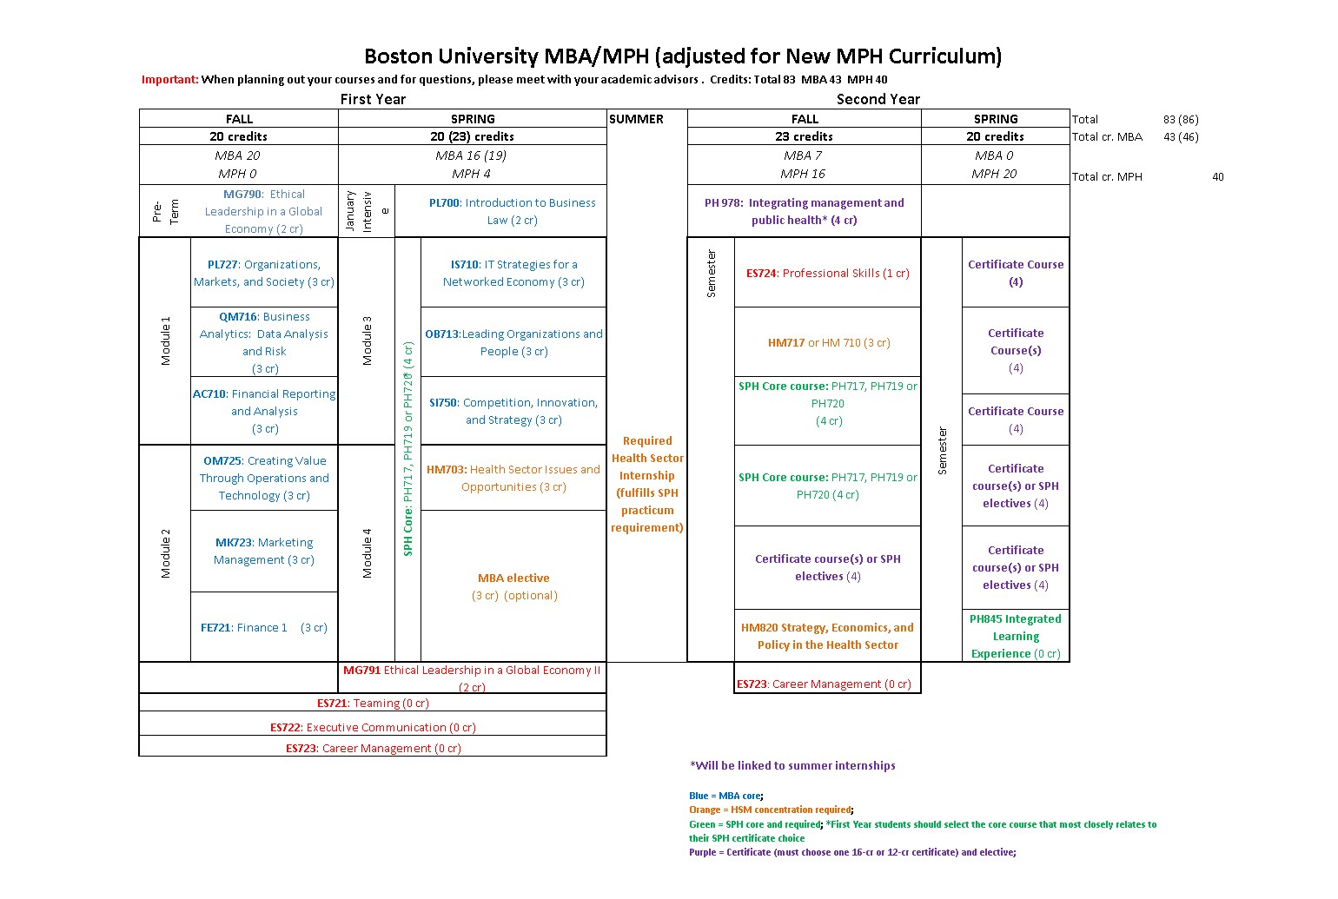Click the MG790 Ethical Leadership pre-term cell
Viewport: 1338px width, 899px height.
coord(263,211)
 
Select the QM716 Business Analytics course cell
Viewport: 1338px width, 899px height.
coord(264,342)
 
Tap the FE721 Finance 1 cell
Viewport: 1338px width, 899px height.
coord(263,627)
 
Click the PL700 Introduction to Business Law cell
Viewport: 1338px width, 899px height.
coord(512,211)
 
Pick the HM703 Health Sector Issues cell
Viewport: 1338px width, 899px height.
coord(513,478)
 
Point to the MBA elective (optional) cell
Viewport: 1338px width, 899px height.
coord(513,586)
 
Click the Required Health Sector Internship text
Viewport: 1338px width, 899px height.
coord(646,484)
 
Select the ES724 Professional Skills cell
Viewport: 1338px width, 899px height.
coord(827,273)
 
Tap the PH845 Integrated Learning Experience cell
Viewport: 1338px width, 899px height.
coord(1015,636)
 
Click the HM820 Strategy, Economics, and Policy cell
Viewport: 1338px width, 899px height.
coord(827,636)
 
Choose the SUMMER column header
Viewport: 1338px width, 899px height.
coord(636,119)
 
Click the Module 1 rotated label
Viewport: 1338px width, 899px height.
coord(165,340)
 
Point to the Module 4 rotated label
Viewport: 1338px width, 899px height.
coord(367,553)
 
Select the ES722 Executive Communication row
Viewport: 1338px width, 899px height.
coord(373,727)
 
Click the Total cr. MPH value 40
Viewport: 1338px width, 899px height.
coord(1217,176)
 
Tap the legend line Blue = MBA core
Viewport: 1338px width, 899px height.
coord(725,796)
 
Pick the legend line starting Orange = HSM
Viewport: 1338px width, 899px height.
coord(771,810)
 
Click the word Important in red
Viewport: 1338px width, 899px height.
coord(170,79)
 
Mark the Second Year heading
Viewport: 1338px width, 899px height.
coord(878,99)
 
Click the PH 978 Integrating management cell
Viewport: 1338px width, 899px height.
coord(804,211)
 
